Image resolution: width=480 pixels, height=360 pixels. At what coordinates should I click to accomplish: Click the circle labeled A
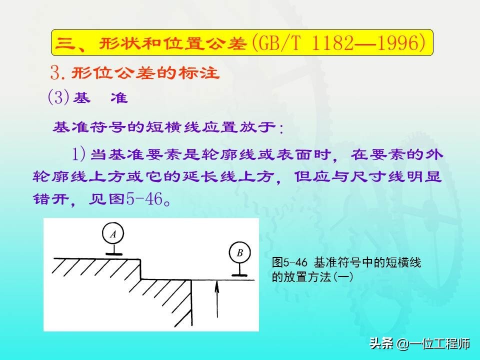pos(113,223)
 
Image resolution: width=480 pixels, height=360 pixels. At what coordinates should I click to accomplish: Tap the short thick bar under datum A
pos(113,254)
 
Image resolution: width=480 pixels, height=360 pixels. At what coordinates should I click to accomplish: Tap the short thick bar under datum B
pos(239,275)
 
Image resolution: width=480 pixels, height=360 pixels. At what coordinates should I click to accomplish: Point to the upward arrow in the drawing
pos(217,299)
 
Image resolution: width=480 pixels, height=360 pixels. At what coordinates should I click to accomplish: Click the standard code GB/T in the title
pos(279,42)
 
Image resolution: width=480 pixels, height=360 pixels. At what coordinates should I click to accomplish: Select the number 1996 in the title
pos(397,42)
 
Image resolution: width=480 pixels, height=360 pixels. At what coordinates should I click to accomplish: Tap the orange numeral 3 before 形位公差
pos(55,73)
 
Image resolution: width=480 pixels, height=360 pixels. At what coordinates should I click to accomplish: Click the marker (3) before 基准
pos(58,97)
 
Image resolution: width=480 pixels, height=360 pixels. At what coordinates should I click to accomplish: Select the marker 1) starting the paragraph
pos(78,154)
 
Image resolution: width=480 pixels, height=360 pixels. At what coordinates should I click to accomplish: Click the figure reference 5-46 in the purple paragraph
pos(144,199)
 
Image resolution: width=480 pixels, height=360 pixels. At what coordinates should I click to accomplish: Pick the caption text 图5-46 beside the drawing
pos(289,262)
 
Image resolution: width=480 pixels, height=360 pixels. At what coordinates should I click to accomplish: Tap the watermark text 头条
pos(381,343)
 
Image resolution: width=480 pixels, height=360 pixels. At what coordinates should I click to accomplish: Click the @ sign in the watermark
pos(402,344)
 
